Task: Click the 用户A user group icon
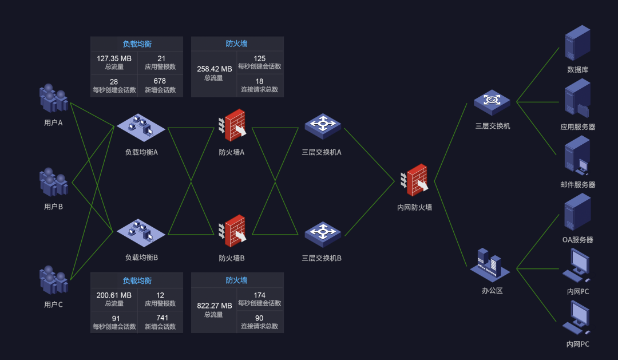click(x=54, y=98)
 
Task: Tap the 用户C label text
click(x=53, y=304)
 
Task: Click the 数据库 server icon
click(x=577, y=43)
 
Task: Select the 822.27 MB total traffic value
click(x=213, y=306)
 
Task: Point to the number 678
click(x=160, y=81)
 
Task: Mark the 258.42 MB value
click(x=213, y=69)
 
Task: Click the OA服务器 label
click(x=577, y=240)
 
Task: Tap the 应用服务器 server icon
click(x=577, y=99)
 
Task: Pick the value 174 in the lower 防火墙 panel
click(x=259, y=295)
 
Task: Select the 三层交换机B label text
click(x=322, y=258)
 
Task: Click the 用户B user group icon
click(x=54, y=182)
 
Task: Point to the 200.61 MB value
click(x=114, y=295)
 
